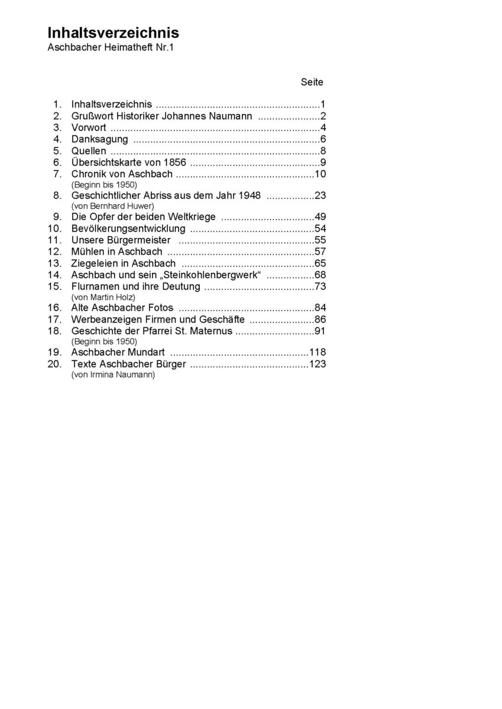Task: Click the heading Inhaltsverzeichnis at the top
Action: tap(113, 33)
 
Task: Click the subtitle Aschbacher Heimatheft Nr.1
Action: tap(111, 48)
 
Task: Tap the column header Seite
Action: tap(312, 82)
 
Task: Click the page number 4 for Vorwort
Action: tap(323, 128)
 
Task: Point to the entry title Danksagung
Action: tap(99, 139)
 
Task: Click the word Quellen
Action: tap(89, 151)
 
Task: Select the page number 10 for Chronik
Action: tap(320, 174)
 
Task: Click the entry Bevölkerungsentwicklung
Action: tap(128, 229)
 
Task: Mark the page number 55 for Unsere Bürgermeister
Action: tap(320, 240)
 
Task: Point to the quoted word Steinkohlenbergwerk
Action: tap(215, 275)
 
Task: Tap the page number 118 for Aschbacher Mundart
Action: tap(318, 352)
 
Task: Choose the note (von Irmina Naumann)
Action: tap(113, 375)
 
